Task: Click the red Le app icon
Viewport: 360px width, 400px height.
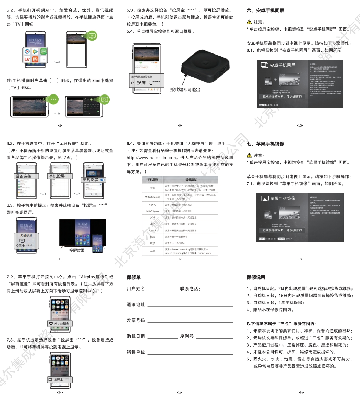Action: click(x=27, y=59)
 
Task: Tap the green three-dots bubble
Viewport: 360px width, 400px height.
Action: click(x=53, y=99)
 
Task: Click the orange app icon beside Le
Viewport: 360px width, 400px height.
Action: click(x=35, y=59)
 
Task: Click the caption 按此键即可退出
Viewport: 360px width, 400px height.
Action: click(x=185, y=89)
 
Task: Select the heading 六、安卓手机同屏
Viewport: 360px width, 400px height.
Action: click(x=265, y=11)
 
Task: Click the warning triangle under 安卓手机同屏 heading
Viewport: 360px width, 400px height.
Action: click(x=250, y=22)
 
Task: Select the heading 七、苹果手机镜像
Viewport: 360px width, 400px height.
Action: click(x=265, y=144)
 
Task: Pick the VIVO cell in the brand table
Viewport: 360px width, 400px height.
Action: click(x=152, y=224)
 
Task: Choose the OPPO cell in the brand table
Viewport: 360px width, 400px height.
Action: click(x=152, y=231)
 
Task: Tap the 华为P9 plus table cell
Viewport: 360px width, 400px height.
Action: click(x=152, y=211)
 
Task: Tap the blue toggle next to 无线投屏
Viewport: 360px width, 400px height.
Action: click(x=103, y=180)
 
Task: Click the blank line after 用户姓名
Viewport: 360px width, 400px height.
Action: click(x=162, y=288)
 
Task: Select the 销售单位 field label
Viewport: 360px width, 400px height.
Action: click(x=137, y=352)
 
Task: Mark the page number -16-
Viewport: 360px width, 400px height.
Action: click(x=301, y=392)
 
